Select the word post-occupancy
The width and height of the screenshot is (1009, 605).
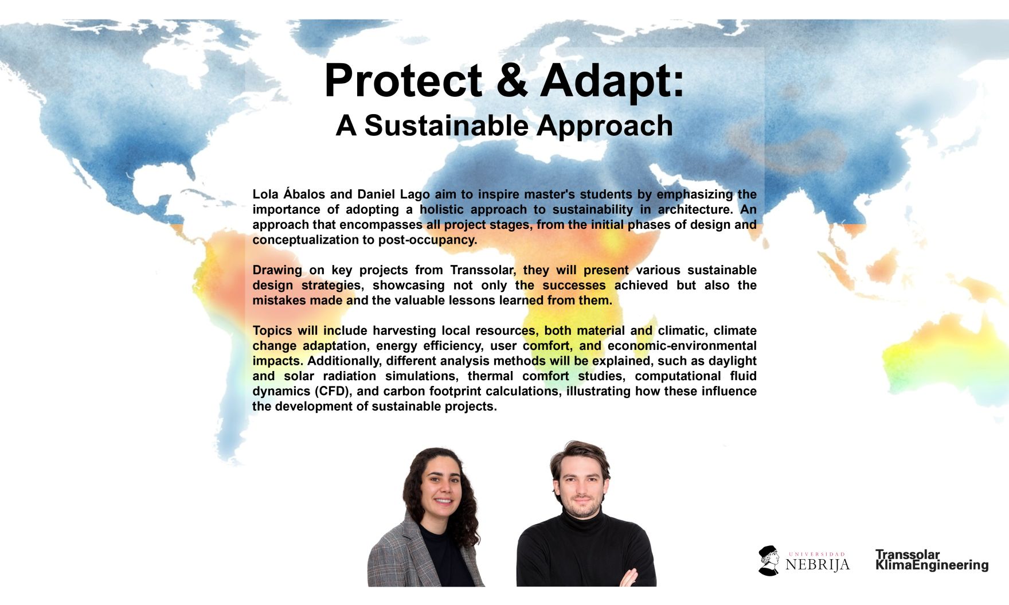(427, 240)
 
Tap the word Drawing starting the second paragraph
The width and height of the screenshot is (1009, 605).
(277, 271)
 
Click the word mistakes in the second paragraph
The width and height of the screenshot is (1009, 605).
(279, 300)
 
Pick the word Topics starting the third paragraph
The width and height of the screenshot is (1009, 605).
(272, 331)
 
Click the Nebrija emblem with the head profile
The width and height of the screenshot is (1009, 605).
(769, 560)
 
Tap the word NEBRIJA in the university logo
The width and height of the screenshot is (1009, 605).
(818, 565)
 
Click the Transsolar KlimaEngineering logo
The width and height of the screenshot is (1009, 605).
(932, 560)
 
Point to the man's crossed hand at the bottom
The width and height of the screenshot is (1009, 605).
(629, 577)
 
